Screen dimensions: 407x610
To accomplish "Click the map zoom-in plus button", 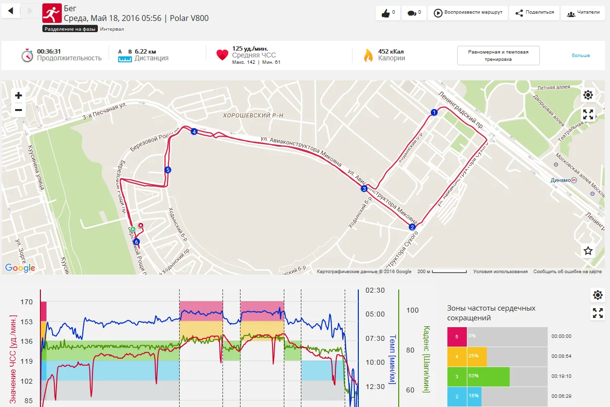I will coord(18,95).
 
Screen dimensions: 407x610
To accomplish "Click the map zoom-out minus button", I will coord(18,110).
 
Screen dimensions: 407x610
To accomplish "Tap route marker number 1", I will coord(434,113).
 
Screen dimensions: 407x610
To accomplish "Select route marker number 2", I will coord(412,227).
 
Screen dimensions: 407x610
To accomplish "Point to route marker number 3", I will coord(364,189).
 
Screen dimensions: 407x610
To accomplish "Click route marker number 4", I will coord(194,132).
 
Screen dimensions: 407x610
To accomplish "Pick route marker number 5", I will coord(168,170).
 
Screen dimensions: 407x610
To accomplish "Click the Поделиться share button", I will coord(534,13).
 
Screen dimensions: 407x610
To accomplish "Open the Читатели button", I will coord(583,13).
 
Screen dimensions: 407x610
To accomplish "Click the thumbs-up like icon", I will coord(386,13).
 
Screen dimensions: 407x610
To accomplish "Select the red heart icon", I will coord(222,55).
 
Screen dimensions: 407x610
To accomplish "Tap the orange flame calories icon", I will coord(368,55).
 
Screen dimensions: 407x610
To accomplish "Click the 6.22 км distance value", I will coord(145,51).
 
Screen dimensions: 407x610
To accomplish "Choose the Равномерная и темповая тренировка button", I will coord(498,55).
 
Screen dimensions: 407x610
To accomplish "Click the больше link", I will coord(581,55).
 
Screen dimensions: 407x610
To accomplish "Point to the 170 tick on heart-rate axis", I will coord(27,302).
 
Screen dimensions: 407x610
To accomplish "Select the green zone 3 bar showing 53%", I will coord(488,376).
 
